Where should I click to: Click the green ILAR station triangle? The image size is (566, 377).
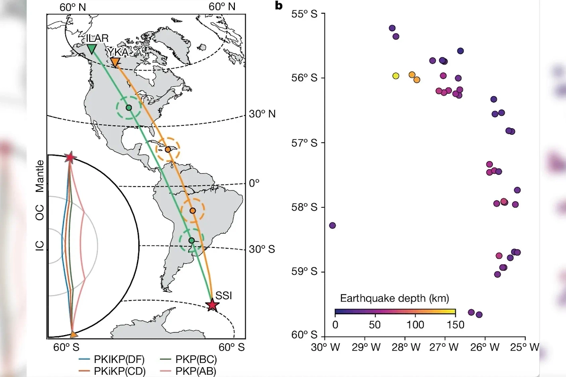[92, 49]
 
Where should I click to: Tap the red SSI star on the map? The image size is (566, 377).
[212, 305]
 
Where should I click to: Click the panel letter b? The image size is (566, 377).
[279, 6]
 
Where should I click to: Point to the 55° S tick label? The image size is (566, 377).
[305, 14]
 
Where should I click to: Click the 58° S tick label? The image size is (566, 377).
[305, 207]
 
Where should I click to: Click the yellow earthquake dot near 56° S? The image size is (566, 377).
[396, 76]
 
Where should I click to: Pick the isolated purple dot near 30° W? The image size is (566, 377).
[333, 225]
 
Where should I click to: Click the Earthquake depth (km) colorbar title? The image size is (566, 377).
[394, 298]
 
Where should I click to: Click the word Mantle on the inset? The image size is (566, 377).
[41, 176]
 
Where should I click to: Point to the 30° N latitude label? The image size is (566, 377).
[262, 114]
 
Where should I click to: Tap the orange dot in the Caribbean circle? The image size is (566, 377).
[167, 149]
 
